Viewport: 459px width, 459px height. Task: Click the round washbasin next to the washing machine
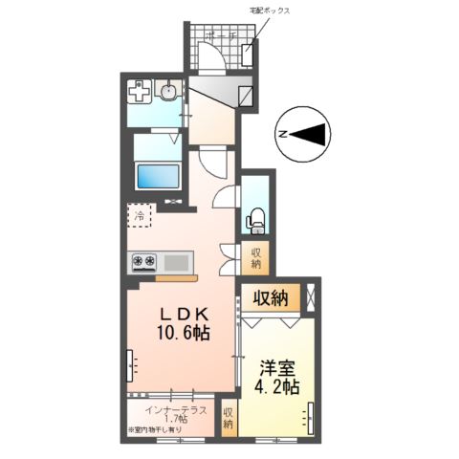pyautogui.click(x=169, y=93)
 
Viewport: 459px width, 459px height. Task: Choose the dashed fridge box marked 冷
pyautogui.click(x=139, y=216)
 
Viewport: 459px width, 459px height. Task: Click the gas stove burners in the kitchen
pyautogui.click(x=145, y=260)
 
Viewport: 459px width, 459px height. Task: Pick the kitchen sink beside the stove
pyautogui.click(x=177, y=260)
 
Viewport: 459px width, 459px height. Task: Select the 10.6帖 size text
pyautogui.click(x=184, y=334)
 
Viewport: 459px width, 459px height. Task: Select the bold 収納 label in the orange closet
pyautogui.click(x=271, y=298)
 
